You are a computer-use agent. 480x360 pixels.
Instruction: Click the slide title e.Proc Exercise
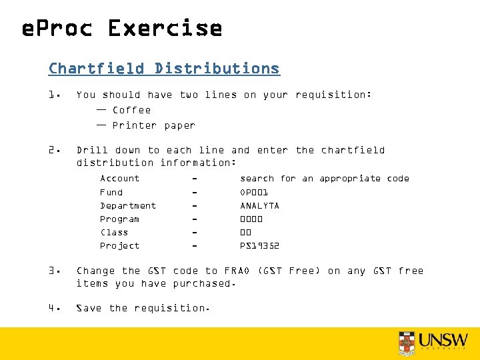(x=122, y=29)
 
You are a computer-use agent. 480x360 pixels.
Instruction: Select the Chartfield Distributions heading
(x=164, y=69)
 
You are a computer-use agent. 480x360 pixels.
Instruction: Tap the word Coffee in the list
(x=131, y=110)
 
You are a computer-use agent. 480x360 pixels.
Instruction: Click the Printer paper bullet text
(x=153, y=125)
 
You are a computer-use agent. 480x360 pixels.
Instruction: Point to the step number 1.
(x=54, y=95)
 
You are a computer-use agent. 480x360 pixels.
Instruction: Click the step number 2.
(x=54, y=150)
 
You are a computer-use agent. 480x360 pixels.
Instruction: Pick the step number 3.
(x=54, y=271)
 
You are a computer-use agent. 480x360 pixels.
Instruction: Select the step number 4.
(x=54, y=308)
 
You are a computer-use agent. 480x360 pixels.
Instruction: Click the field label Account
(x=120, y=179)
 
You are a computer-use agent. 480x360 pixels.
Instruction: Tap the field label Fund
(x=111, y=192)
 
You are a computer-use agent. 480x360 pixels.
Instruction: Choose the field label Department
(x=128, y=206)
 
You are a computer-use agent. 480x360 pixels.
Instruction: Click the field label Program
(x=119, y=219)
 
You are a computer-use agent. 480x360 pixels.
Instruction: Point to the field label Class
(x=114, y=233)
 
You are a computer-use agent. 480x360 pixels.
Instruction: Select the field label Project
(x=120, y=246)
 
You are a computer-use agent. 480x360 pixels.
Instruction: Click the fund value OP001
(x=253, y=192)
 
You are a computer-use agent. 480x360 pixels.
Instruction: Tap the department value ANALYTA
(x=259, y=206)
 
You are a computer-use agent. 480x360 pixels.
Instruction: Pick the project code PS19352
(x=259, y=246)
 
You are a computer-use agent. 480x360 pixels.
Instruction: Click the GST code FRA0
(x=237, y=271)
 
